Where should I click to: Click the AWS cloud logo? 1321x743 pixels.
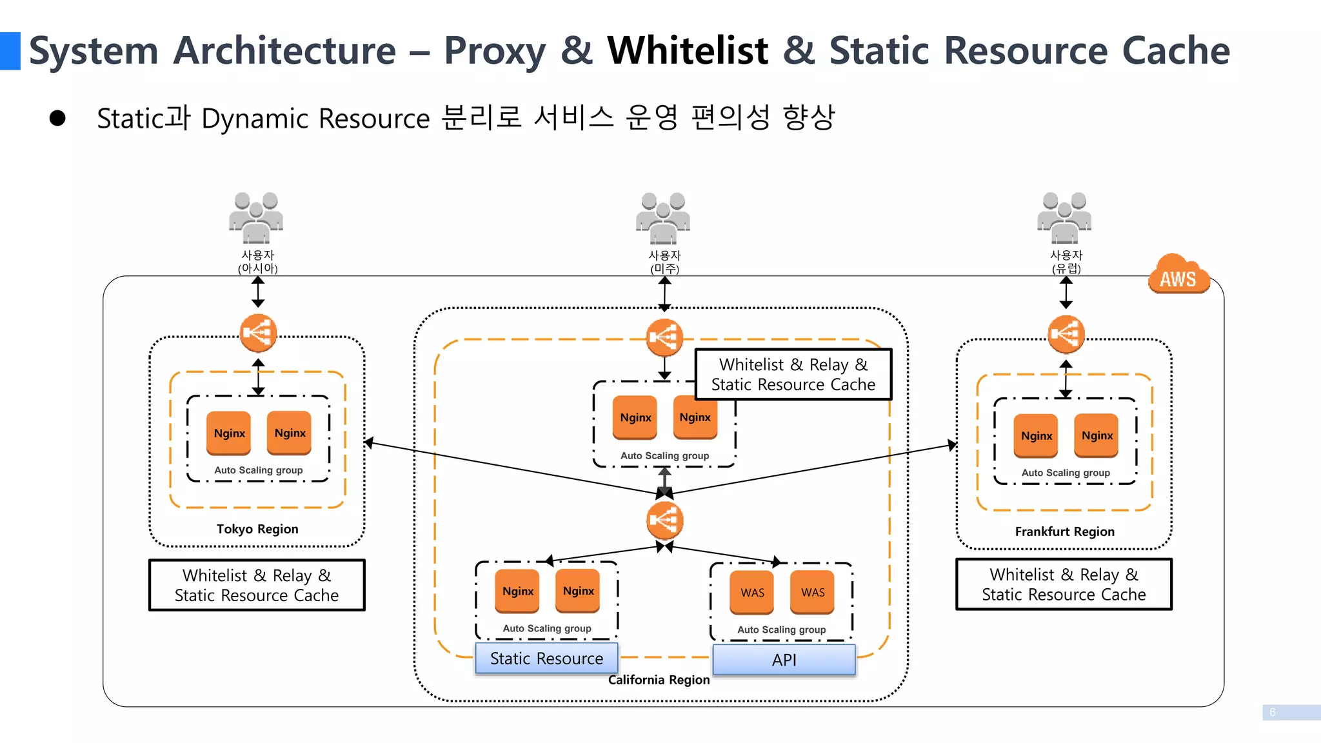coord(1178,275)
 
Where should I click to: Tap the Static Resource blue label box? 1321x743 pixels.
coord(546,659)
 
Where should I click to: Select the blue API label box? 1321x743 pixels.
coord(784,660)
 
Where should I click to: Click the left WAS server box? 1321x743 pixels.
coord(752,592)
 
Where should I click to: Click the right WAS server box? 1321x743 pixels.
coord(813,592)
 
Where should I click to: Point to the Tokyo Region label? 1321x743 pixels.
coord(257,529)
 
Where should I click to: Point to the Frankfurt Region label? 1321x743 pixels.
coord(1064,531)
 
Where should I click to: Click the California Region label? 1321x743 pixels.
coord(659,680)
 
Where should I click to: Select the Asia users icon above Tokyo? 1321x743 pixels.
coord(256,217)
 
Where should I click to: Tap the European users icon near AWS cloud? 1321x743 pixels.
coord(1064,217)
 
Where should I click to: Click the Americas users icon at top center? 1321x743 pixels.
coord(663,217)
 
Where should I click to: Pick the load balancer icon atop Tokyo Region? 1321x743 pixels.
coord(258,333)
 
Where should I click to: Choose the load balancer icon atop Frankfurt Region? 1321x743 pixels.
coord(1066,334)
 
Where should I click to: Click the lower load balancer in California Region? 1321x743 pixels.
coord(664,520)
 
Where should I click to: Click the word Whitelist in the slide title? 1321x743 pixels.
coord(688,50)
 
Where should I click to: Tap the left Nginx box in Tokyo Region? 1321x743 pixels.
coord(229,433)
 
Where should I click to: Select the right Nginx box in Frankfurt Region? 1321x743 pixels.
coord(1097,435)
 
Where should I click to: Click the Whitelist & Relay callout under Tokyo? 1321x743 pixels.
coord(257,585)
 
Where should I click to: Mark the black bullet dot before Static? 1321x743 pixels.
coord(57,118)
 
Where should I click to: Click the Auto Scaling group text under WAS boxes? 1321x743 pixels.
coord(781,629)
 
